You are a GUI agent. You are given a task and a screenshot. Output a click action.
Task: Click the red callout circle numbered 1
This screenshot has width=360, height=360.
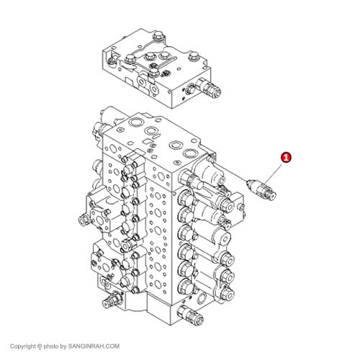click(286, 158)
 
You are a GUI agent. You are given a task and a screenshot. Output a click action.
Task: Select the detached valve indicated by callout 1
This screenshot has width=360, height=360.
click(261, 189)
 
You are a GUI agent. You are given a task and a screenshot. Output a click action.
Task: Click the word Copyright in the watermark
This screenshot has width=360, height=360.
click(23, 346)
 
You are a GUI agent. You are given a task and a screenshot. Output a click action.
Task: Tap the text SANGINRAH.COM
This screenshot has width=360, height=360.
click(94, 346)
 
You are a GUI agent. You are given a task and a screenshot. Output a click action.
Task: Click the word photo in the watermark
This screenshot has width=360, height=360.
click(51, 346)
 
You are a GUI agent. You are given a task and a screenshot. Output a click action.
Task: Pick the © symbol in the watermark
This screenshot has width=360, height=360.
click(40, 346)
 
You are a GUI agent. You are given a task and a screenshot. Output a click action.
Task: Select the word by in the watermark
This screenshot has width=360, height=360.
click(63, 346)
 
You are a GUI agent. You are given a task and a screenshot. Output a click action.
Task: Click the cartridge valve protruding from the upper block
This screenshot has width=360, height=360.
click(208, 87)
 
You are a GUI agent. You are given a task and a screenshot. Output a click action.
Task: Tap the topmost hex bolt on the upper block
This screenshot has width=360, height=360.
click(159, 36)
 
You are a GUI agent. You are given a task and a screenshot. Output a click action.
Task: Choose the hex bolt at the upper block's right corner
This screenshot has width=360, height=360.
click(193, 56)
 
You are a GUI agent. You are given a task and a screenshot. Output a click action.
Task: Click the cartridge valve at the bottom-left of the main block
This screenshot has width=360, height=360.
click(112, 300)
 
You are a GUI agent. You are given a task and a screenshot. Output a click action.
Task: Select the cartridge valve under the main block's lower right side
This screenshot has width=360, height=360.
click(189, 315)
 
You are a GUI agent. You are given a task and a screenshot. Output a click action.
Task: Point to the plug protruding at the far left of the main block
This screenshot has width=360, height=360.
click(84, 220)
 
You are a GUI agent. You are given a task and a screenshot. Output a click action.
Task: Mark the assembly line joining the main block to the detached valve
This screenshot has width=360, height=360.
click(231, 172)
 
